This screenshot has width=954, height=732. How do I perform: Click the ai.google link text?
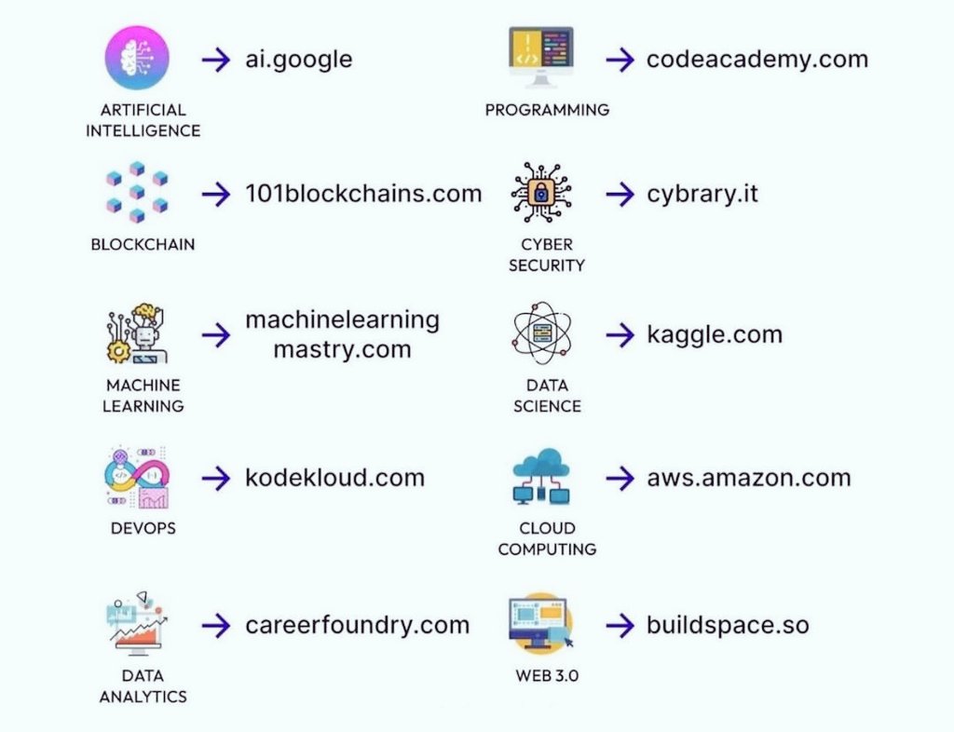tap(299, 60)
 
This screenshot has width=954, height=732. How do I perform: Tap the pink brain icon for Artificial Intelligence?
tap(138, 58)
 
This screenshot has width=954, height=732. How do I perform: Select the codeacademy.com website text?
tap(756, 60)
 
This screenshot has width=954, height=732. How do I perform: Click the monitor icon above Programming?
tap(541, 58)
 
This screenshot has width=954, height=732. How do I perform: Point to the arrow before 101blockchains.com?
tap(216, 195)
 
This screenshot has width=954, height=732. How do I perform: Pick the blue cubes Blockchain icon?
tap(137, 192)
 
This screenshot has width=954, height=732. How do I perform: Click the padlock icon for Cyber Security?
tap(541, 194)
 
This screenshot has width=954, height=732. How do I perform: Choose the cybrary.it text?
tap(702, 195)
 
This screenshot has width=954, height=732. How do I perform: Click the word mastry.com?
tap(342, 350)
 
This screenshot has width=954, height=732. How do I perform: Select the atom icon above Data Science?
tap(541, 332)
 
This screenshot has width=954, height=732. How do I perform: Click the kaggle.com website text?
tap(715, 334)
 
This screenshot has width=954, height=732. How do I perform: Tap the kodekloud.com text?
tap(334, 479)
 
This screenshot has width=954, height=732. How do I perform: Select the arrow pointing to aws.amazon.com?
tap(620, 479)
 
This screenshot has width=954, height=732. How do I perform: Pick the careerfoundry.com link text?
tap(357, 625)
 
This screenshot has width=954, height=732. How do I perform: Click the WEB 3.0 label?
tap(547, 675)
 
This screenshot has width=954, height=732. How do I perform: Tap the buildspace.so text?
tap(728, 625)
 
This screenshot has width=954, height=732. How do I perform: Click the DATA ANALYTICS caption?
tap(143, 685)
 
